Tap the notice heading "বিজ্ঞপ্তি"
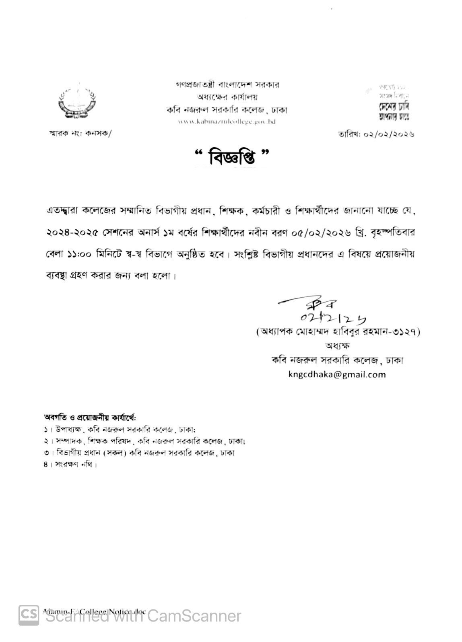231,157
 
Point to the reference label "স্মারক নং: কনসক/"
78,134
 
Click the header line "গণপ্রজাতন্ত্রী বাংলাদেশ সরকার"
227,85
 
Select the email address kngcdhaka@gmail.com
337,374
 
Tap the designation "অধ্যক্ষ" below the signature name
337,346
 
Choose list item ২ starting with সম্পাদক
145,441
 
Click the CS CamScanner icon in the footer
29,615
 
